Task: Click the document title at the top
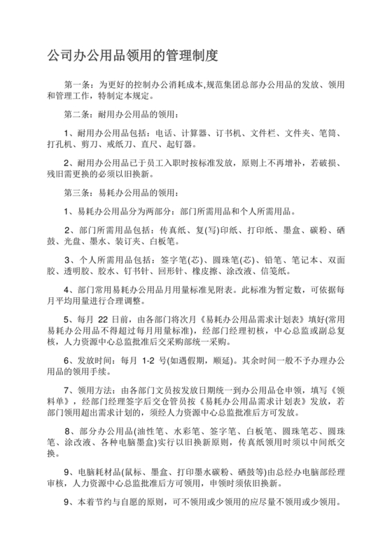[133, 54]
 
